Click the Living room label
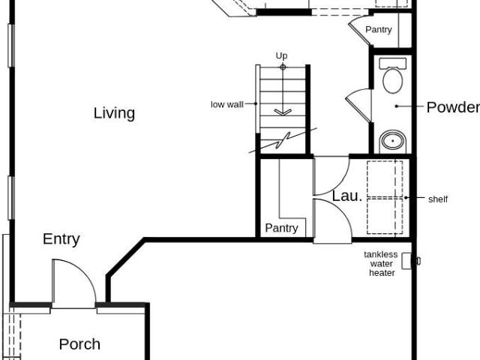pos(114,113)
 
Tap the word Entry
pos(61,239)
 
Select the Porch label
pos(79,344)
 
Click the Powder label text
pos(453,107)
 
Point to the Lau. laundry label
pos(347,196)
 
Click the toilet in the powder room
pos(393,76)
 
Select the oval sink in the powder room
pos(393,142)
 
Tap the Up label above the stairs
pos(282,55)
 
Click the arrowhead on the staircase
pos(283,112)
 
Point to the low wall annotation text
pos(227,104)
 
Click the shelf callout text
pos(438,199)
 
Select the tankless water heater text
pos(381,263)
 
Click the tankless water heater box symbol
pos(406,261)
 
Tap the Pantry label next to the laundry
pos(282,228)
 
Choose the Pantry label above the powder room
pos(379,30)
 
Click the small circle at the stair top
pos(283,67)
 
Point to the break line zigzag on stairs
pos(283,140)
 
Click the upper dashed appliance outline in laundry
pos(385,178)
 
